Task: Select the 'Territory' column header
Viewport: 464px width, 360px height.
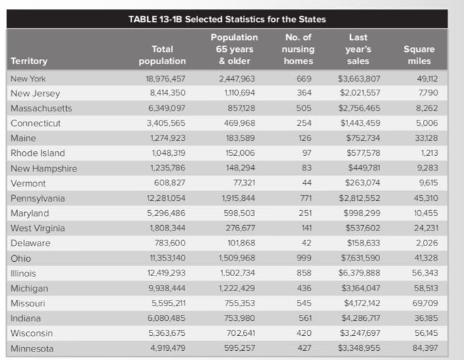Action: pos(29,61)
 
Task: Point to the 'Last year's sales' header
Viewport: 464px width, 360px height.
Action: pos(358,49)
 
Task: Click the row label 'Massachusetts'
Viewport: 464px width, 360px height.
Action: pos(41,108)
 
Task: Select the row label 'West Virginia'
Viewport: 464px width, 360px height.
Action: pos(38,228)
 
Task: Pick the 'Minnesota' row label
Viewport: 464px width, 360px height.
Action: pos(32,349)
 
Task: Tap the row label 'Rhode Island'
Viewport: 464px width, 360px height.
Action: pos(38,153)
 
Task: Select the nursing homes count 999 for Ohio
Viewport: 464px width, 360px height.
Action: pos(304,259)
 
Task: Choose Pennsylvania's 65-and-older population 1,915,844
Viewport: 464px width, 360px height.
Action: pos(236,198)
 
